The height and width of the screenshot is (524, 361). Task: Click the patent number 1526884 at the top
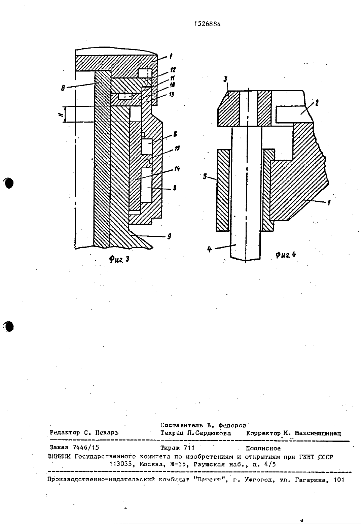[x=208, y=24]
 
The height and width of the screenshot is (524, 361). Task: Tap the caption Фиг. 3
[x=119, y=259]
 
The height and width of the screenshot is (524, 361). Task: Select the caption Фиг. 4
[x=286, y=255]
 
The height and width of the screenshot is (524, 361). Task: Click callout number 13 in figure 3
[x=172, y=95]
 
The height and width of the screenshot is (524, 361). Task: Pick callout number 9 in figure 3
[x=169, y=236]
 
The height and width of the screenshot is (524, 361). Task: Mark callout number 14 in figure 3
[x=177, y=168]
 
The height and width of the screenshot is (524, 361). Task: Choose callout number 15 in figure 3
[x=177, y=148]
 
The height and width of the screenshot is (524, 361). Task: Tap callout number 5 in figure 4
[x=205, y=176]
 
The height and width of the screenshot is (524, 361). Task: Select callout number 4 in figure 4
[x=210, y=249]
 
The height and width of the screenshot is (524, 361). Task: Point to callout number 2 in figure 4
[x=317, y=103]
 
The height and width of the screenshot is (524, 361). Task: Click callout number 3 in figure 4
[x=225, y=79]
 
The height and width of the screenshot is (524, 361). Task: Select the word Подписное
[x=263, y=448]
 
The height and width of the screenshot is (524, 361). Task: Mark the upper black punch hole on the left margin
[x=8, y=183]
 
